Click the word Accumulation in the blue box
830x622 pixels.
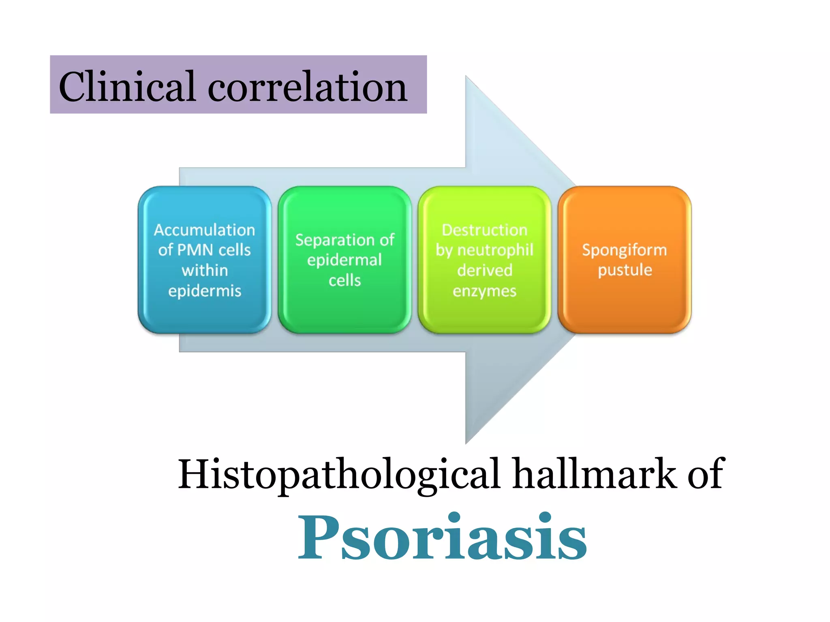pos(204,230)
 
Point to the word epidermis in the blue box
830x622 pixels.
pos(205,291)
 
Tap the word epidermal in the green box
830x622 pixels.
pos(344,260)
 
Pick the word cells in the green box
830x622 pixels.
pos(344,280)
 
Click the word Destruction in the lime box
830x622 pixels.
pos(484,230)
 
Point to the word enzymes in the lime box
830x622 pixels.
pos(484,291)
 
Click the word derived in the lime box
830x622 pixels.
pos(485,271)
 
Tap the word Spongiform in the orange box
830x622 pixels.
pos(624,250)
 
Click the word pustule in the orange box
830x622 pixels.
pos(625,270)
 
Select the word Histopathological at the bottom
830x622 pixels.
pos(339,474)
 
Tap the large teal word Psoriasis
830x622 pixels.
pos(442,537)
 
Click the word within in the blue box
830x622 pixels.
pos(205,271)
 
